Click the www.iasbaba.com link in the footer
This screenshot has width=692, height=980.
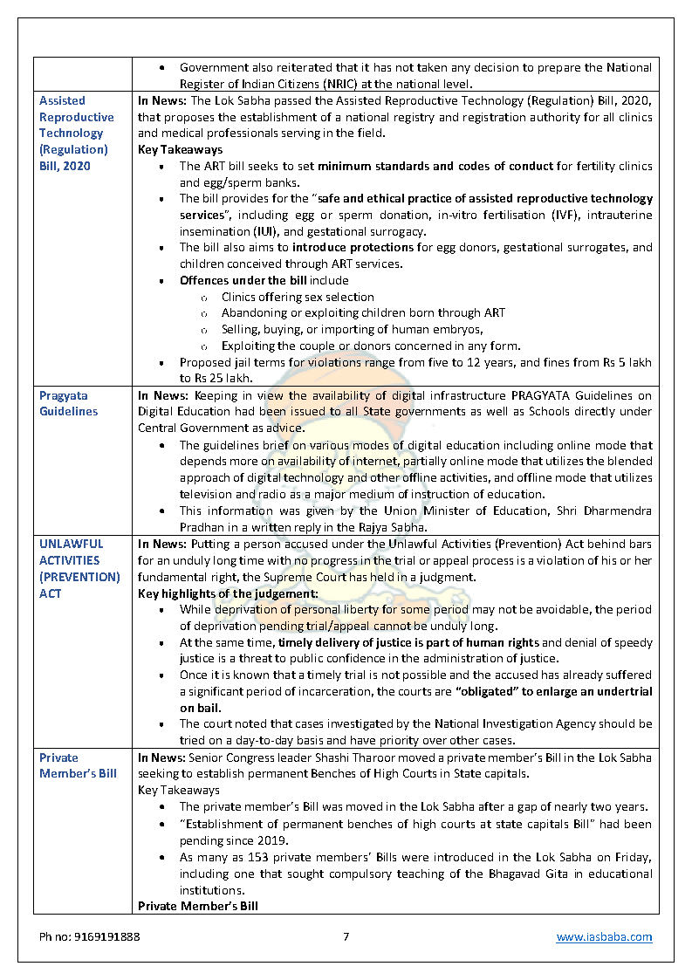604,937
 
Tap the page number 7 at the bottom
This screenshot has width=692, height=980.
346,937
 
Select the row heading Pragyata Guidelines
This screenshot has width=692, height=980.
69,403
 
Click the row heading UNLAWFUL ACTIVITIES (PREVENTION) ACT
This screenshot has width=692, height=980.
79,568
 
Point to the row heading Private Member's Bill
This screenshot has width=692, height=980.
78,765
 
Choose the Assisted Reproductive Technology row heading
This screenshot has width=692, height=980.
76,133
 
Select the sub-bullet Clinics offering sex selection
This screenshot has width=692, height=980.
298,297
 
